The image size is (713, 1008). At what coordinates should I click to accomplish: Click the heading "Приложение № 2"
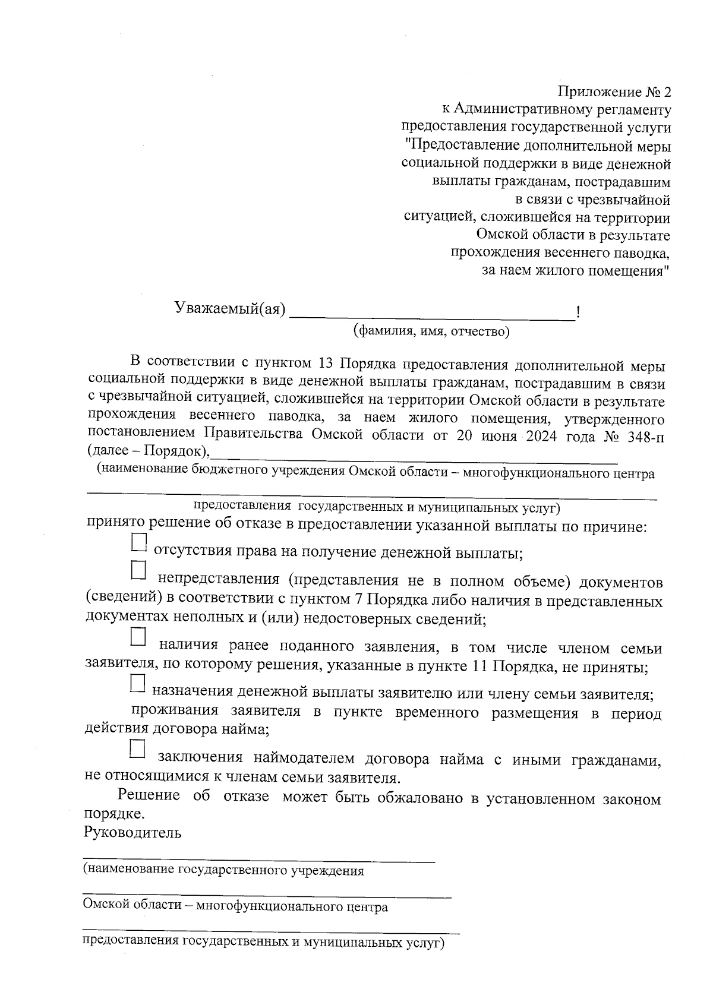[x=614, y=93]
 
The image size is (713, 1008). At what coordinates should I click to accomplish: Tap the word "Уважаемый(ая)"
[x=230, y=308]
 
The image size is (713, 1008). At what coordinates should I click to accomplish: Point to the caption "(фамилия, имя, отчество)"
[x=431, y=331]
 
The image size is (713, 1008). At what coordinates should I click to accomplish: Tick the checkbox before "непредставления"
[x=138, y=571]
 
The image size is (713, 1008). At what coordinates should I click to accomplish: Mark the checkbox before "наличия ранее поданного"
[x=138, y=637]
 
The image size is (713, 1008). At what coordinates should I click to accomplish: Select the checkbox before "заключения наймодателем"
[x=138, y=749]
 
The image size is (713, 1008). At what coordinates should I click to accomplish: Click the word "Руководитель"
[x=133, y=832]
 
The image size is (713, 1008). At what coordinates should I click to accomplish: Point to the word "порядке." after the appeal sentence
[x=115, y=814]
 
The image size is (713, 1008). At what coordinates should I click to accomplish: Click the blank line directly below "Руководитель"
[x=259, y=860]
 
